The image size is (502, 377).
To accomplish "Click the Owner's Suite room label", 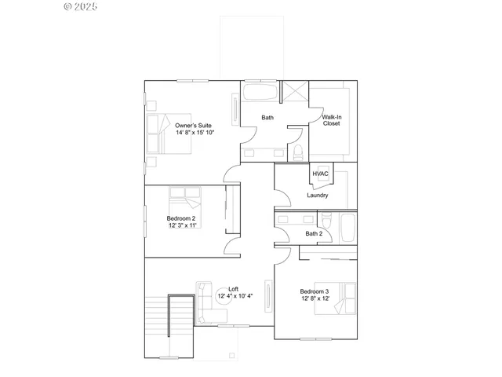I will (194, 125).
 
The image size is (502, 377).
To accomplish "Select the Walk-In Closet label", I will (332, 120).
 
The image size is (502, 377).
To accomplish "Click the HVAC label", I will (320, 174).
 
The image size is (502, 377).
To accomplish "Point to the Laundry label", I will (318, 196).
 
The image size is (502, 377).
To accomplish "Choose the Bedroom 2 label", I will (181, 218).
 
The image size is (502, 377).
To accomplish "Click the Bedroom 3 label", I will (315, 291).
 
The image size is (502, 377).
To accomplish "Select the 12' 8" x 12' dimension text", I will (315, 299).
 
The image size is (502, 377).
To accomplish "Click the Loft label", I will (233, 288).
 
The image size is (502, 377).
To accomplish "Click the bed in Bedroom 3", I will (333, 298).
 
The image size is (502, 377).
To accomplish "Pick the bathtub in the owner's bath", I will (259, 93).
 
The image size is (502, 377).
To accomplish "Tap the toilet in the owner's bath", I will (298, 152).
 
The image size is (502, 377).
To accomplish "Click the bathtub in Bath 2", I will (347, 227).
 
